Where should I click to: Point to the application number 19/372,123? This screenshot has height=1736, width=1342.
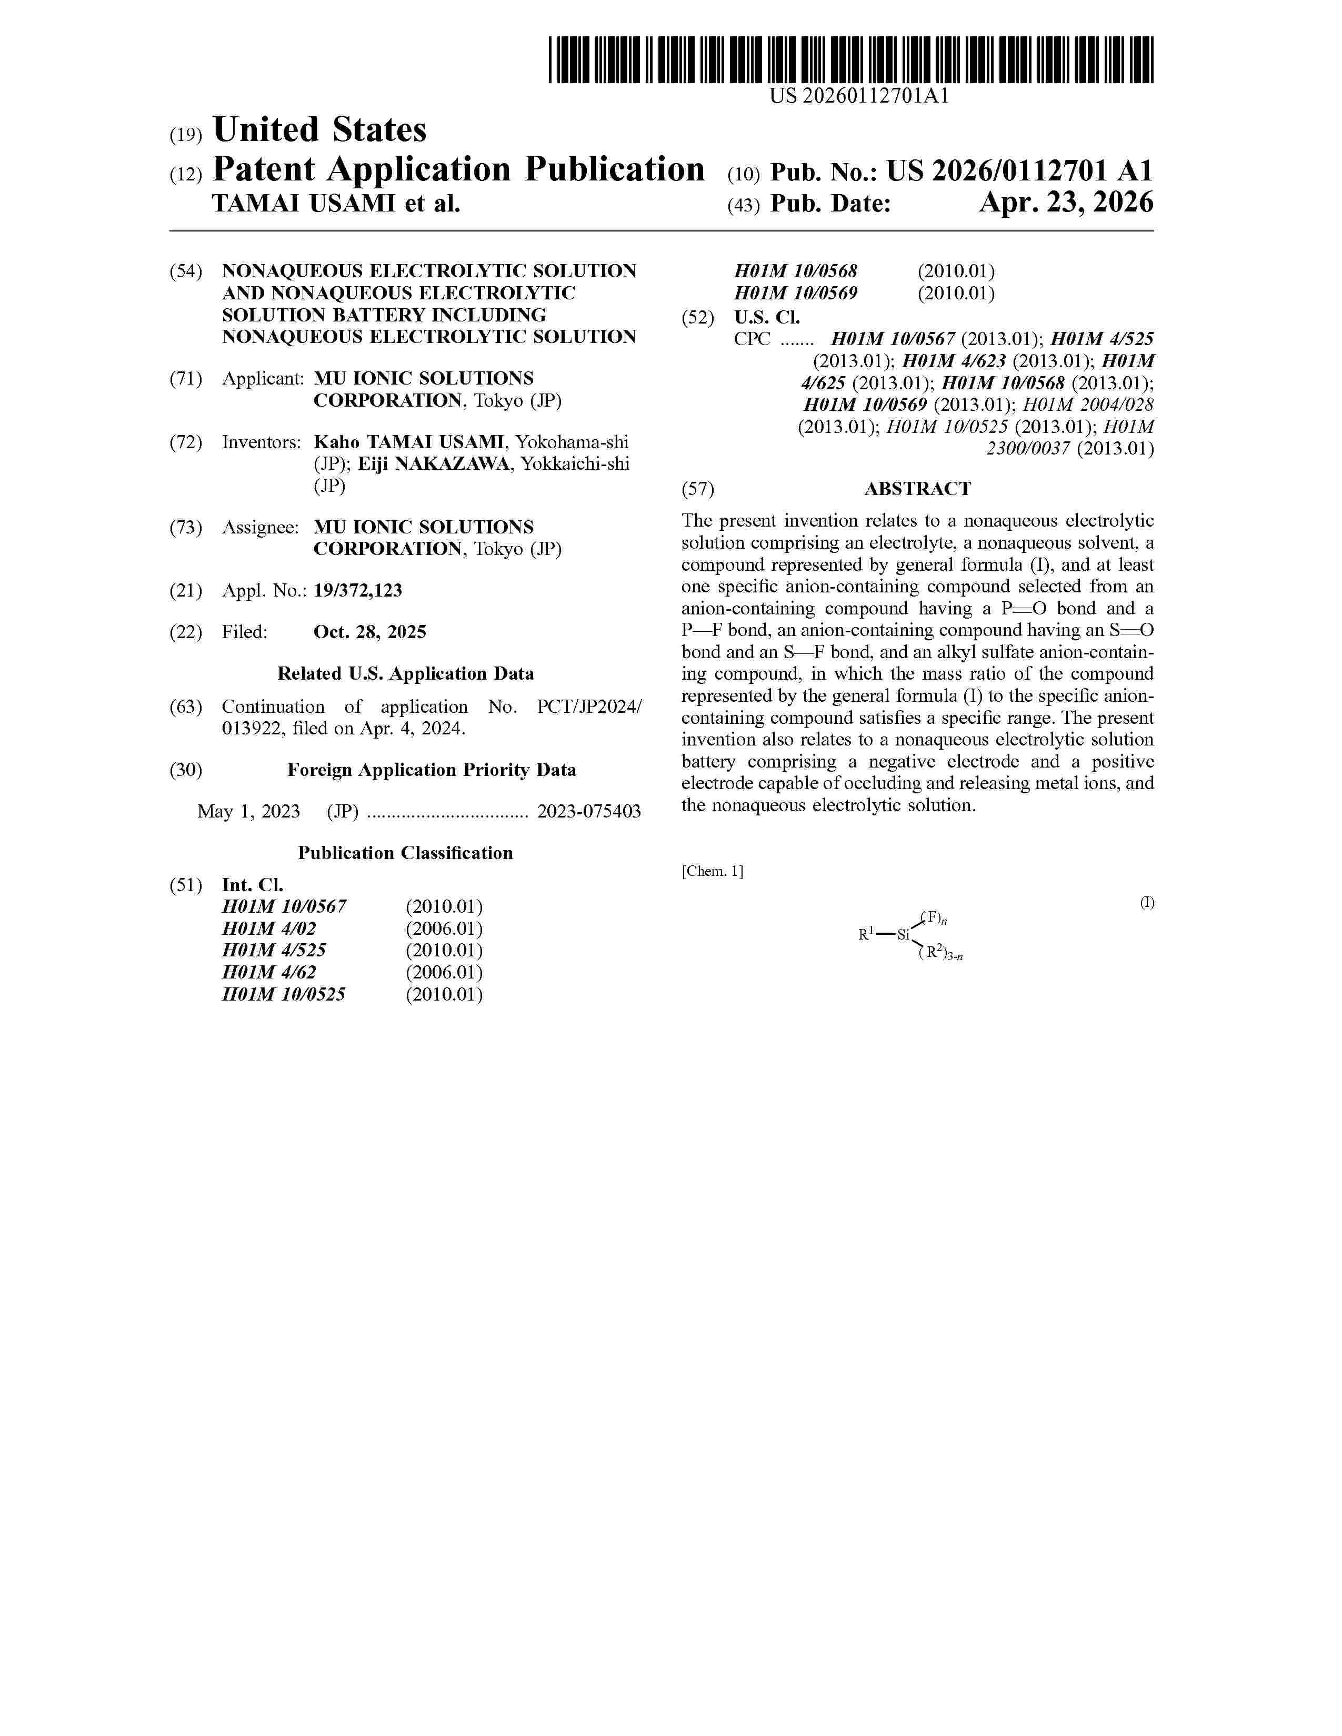click(358, 591)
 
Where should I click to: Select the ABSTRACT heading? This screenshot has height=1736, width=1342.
click(917, 489)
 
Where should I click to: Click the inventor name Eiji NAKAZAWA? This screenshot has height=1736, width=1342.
click(434, 464)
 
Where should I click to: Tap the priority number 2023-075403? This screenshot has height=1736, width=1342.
click(589, 812)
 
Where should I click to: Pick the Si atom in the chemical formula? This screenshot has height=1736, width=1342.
click(903, 935)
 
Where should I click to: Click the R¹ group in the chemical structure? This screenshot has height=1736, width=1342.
click(867, 935)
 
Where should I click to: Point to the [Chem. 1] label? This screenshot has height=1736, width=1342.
click(713, 871)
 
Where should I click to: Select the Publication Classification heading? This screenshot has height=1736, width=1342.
click(405, 853)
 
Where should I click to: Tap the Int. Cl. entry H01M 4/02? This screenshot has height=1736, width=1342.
click(269, 928)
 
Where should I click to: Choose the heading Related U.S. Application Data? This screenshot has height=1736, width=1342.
click(405, 674)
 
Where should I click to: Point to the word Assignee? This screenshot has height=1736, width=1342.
click(260, 528)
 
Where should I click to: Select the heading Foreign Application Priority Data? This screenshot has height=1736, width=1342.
click(432, 770)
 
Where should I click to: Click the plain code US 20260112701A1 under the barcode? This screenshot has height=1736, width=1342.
click(859, 97)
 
